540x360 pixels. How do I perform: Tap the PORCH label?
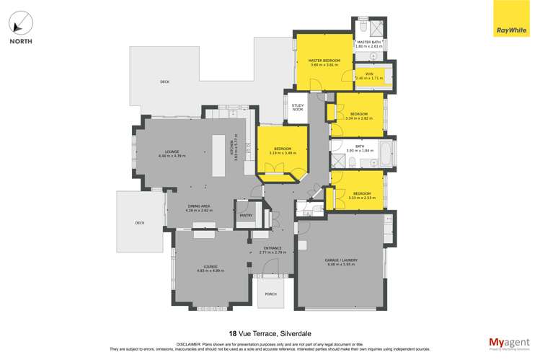[x=270, y=294]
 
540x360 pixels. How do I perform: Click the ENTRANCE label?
[x=271, y=247]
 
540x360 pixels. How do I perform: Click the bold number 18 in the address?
[x=232, y=333]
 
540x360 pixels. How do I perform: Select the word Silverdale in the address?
[x=292, y=333]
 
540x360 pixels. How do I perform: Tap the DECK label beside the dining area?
[x=139, y=223]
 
